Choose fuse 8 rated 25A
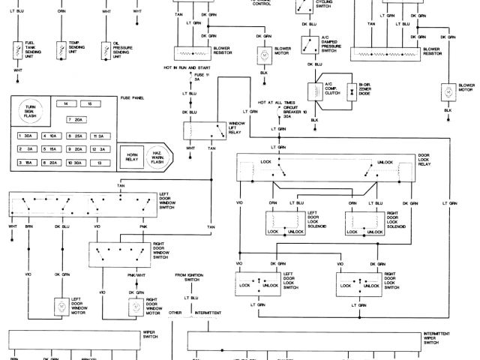(x=74, y=136)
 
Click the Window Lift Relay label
(x=237, y=127)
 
